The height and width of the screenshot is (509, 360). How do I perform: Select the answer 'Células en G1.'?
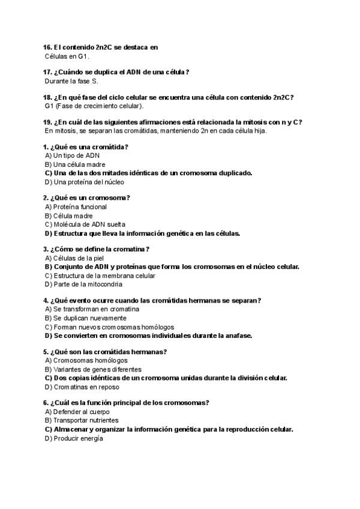coord(67,56)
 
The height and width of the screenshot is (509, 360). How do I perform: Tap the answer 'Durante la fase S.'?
coord(71,81)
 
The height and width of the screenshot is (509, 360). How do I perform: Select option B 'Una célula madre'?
coord(76,164)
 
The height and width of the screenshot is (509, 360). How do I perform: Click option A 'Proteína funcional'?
coord(76,207)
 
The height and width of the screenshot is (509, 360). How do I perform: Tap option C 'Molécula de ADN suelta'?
coord(85,224)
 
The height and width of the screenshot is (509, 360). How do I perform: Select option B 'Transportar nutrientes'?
coord(82,421)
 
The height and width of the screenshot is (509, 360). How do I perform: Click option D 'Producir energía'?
coord(74,439)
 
